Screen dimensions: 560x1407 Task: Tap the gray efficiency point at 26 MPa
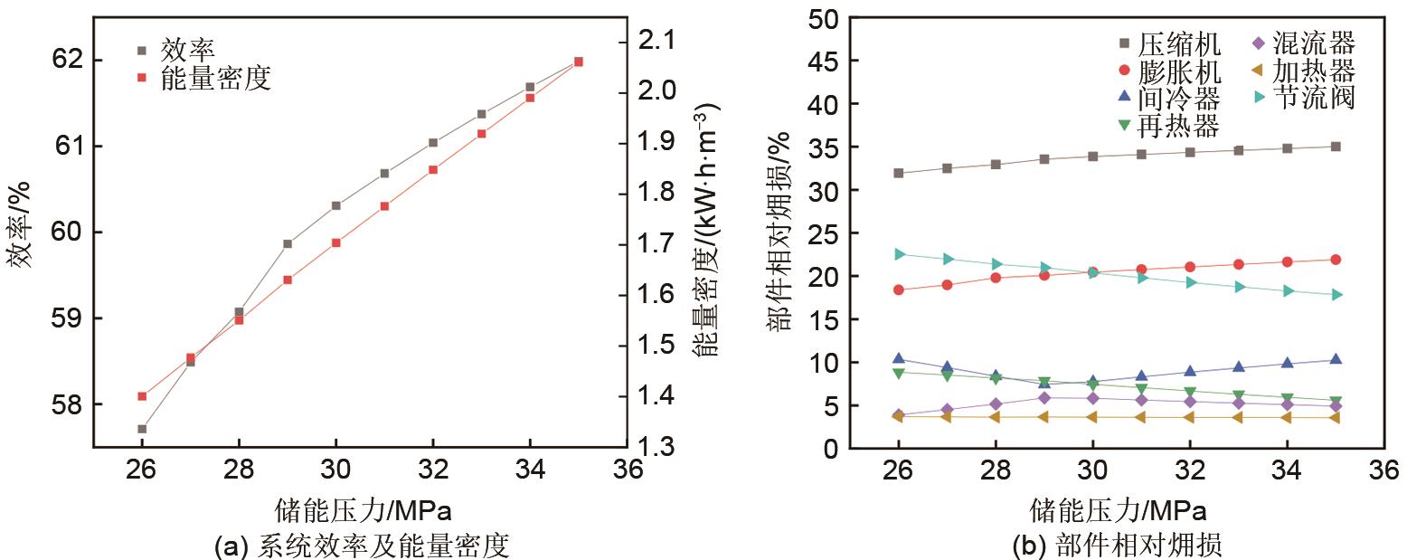[142, 428]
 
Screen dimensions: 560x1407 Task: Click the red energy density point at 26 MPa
[142, 395]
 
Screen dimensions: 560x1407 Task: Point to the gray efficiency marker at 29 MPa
[288, 243]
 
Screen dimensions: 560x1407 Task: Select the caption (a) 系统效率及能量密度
[361, 546]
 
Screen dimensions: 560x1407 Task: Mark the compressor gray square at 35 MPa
[1335, 147]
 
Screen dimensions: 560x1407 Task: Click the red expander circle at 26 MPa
[898, 289]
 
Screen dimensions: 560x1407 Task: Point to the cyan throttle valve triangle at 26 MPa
[898, 254]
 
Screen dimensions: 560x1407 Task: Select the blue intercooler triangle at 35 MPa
[1335, 359]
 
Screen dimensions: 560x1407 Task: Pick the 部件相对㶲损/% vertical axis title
[780, 231]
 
